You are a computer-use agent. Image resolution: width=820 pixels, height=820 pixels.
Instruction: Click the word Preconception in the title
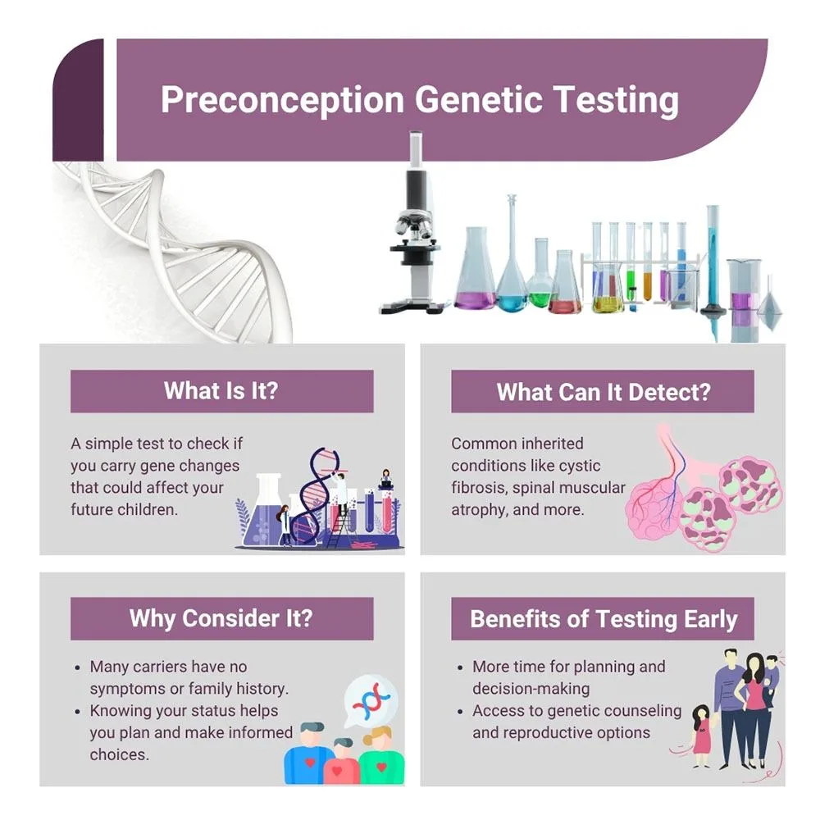282,100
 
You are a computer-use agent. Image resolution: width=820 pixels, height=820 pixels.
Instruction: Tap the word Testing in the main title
616,100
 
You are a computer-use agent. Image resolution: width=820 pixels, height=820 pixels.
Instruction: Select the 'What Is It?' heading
221,390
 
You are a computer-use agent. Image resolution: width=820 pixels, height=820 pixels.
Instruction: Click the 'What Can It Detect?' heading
603,392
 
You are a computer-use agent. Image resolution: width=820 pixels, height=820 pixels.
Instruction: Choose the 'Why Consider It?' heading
221,618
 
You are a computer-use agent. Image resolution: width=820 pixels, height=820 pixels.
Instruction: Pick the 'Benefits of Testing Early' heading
603,618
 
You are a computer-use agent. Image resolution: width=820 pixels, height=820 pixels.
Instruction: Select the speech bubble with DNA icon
371,700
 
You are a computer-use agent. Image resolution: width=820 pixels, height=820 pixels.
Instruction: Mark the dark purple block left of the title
79,100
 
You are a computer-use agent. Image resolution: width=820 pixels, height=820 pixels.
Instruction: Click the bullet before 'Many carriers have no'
77,667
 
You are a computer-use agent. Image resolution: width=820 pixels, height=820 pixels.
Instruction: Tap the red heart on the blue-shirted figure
310,763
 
